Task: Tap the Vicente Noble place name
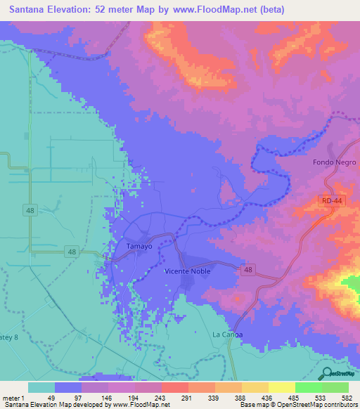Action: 186,271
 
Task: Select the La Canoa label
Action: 228,335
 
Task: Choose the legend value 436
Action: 266,398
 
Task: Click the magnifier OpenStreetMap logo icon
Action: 327,373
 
